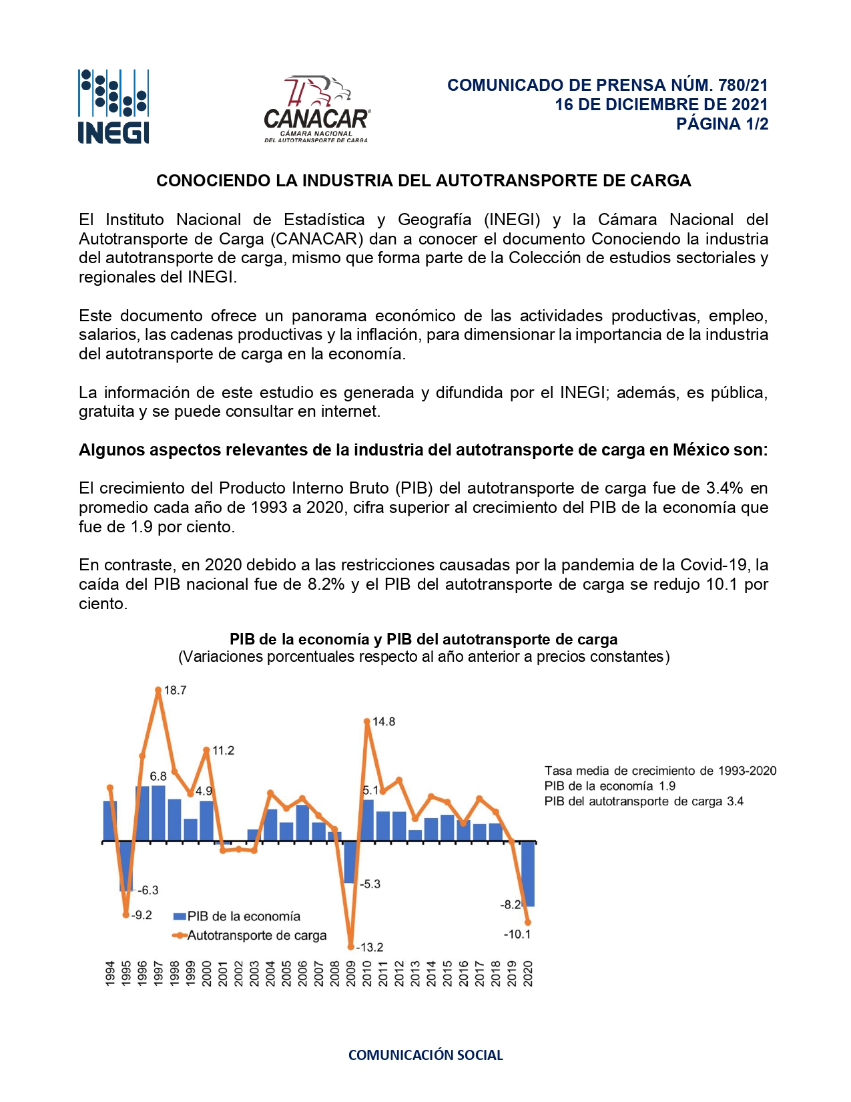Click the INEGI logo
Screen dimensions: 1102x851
[x=113, y=106]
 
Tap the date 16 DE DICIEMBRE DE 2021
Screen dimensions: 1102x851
[x=661, y=105]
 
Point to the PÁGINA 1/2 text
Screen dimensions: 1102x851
[x=722, y=124]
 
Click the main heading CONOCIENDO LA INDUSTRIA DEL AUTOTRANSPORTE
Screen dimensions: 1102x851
[x=423, y=181]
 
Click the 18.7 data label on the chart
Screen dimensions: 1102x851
[x=175, y=691]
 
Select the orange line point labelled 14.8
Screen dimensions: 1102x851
[x=367, y=721]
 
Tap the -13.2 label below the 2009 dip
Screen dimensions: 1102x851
[x=370, y=947]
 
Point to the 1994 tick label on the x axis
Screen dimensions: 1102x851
[x=110, y=973]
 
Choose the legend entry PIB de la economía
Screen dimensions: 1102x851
[x=237, y=916]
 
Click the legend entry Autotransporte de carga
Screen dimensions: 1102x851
[x=250, y=936]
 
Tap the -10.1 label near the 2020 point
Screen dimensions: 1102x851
[x=517, y=934]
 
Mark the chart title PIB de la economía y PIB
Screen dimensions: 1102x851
[x=423, y=639]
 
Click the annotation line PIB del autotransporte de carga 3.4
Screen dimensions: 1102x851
[x=643, y=801]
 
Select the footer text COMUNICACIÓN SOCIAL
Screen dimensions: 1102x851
[x=425, y=1055]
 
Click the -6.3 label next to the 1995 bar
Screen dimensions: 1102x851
[x=148, y=890]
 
